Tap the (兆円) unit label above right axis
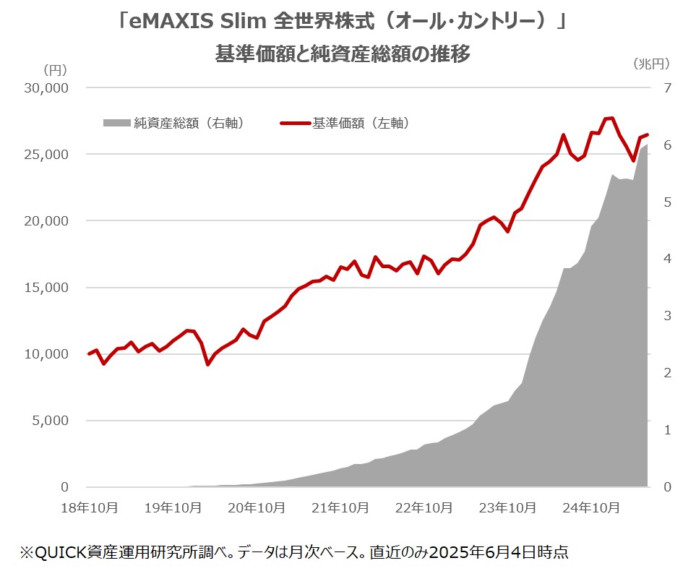(x=652, y=64)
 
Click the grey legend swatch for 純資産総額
(x=116, y=123)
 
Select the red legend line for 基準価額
(x=295, y=123)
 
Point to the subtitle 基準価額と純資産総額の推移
(x=343, y=53)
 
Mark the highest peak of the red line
(x=611, y=118)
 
